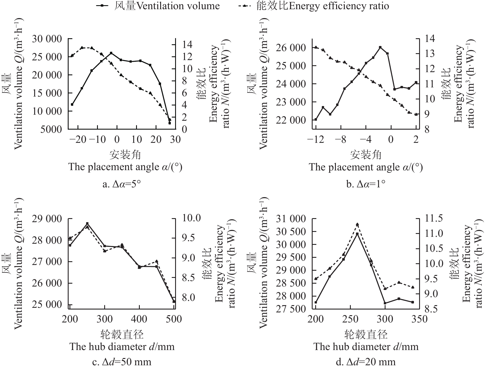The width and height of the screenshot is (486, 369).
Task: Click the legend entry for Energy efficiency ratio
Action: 314,6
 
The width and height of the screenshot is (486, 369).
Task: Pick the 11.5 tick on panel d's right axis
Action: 434,218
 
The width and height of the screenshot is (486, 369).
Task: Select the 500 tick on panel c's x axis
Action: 174,319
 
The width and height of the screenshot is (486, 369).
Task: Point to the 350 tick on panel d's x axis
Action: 419,319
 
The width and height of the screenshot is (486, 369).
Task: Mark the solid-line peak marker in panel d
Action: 357,234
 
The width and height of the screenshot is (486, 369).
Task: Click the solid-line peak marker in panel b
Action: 380,47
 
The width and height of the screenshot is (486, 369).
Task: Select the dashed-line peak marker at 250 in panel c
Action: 87,227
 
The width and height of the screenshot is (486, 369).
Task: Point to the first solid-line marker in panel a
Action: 72,105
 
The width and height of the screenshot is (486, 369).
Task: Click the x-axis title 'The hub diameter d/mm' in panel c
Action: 122,347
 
